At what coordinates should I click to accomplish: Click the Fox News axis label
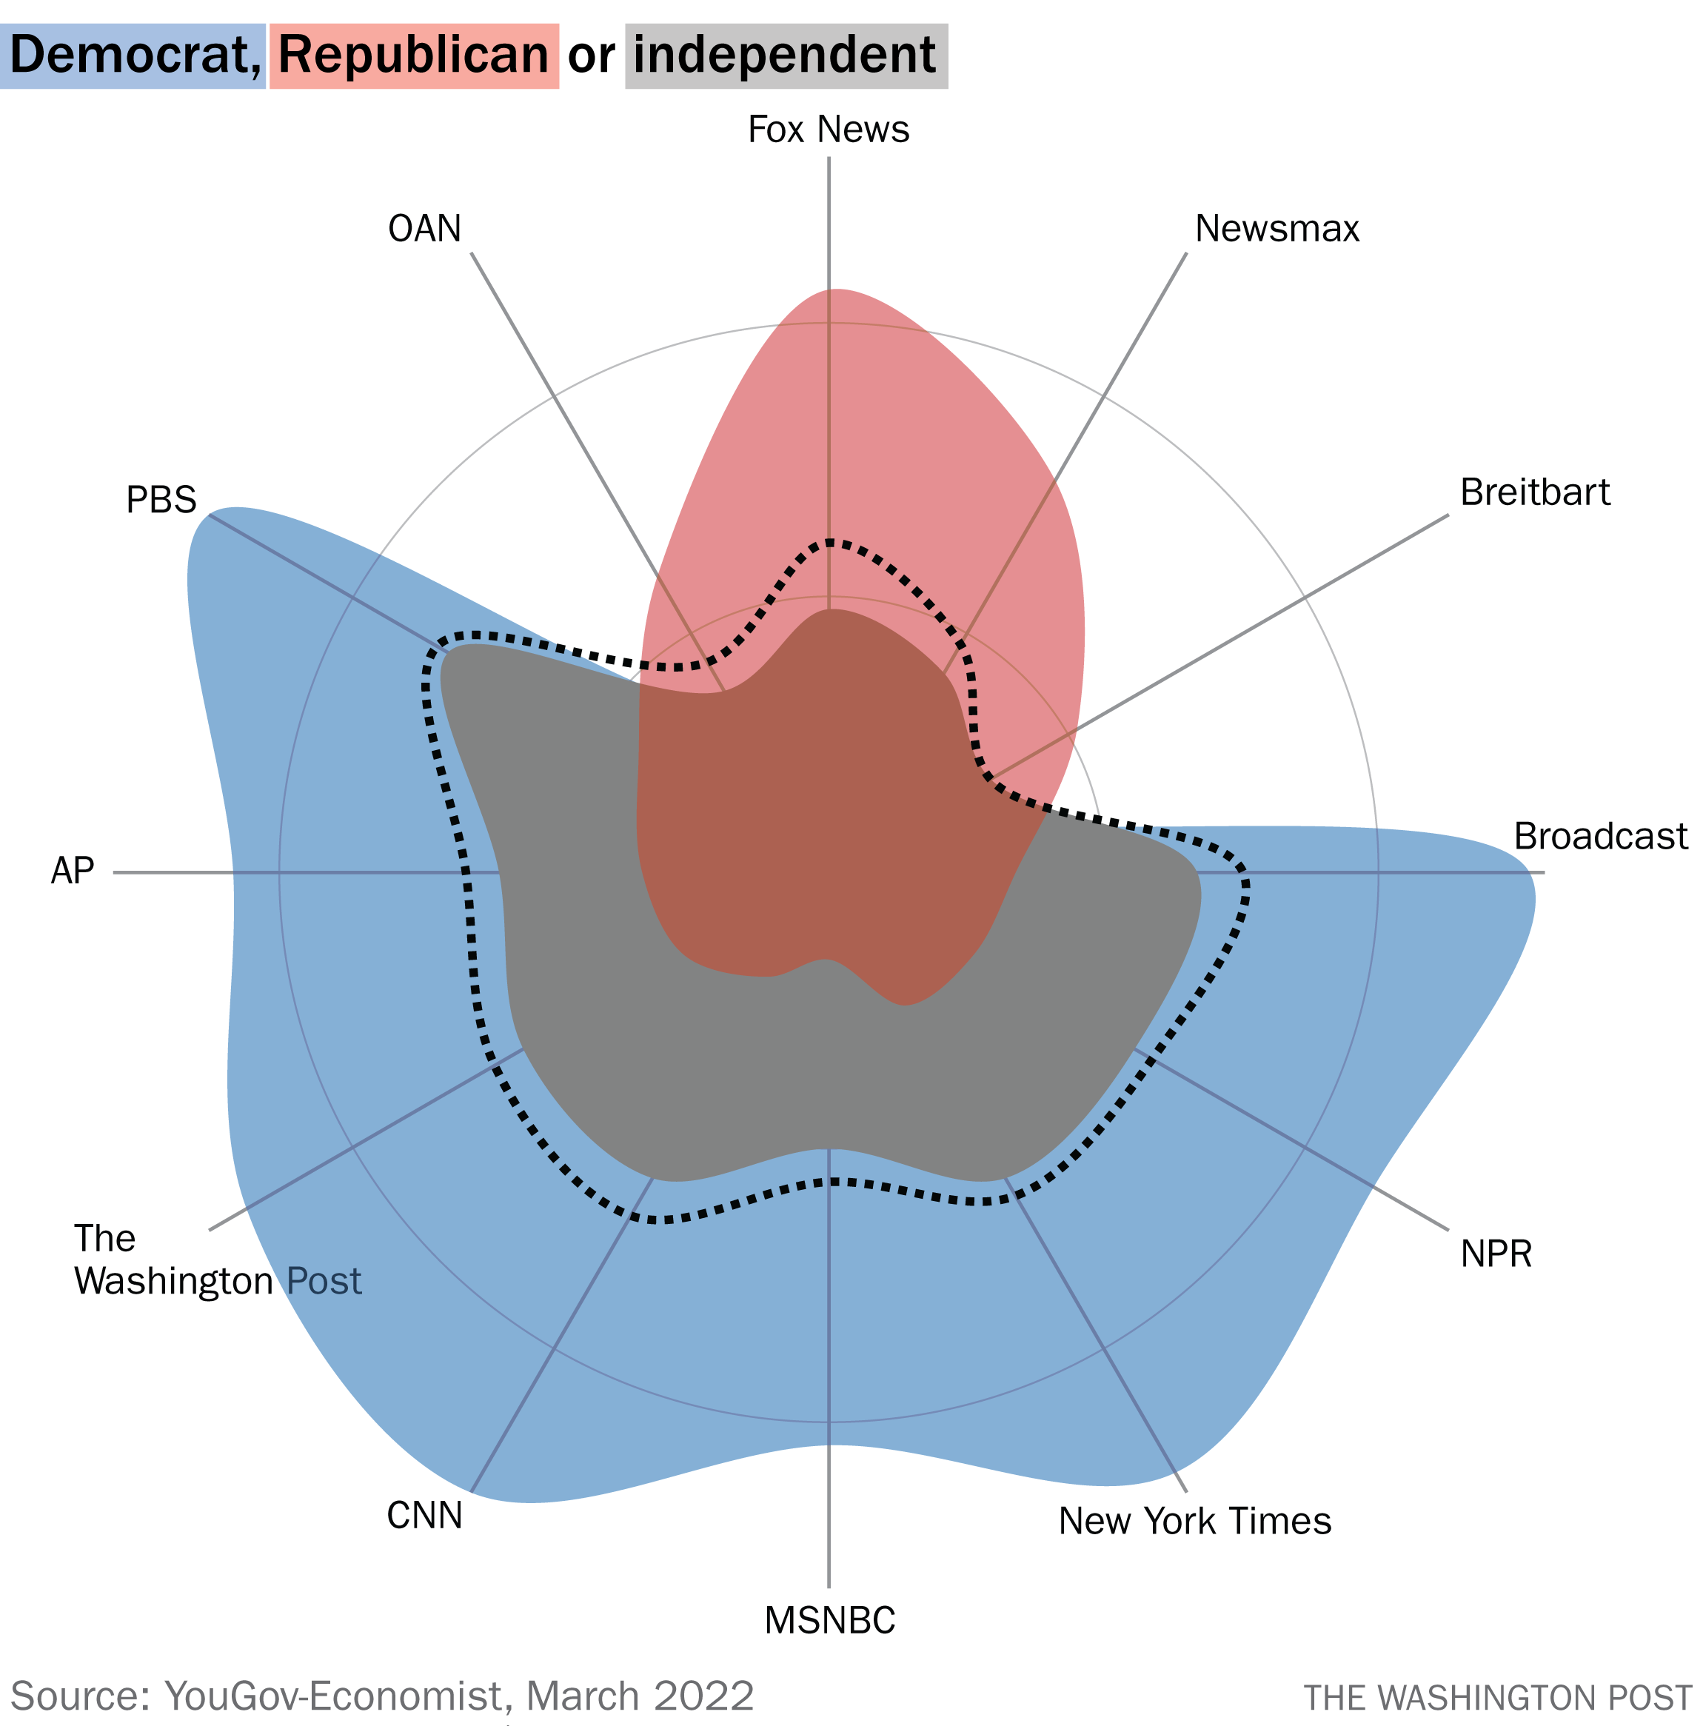coord(829,130)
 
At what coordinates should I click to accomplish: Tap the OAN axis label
coord(424,230)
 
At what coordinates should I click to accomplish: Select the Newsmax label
coord(1277,230)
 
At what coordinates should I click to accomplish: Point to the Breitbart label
coord(1534,493)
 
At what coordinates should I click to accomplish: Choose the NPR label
coord(1496,1254)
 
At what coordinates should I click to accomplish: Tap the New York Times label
coord(1194,1522)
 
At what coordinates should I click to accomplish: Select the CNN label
coord(424,1516)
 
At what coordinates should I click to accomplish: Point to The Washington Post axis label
coord(217,1260)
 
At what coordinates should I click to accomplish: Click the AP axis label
coord(73,871)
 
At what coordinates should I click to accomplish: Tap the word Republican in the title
coord(414,56)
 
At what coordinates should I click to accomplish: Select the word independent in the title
coord(784,56)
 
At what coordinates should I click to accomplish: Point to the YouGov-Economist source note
coord(382,1696)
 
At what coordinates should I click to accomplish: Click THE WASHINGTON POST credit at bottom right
coord(1497,1697)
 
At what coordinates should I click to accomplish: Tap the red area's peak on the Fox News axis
coord(829,290)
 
